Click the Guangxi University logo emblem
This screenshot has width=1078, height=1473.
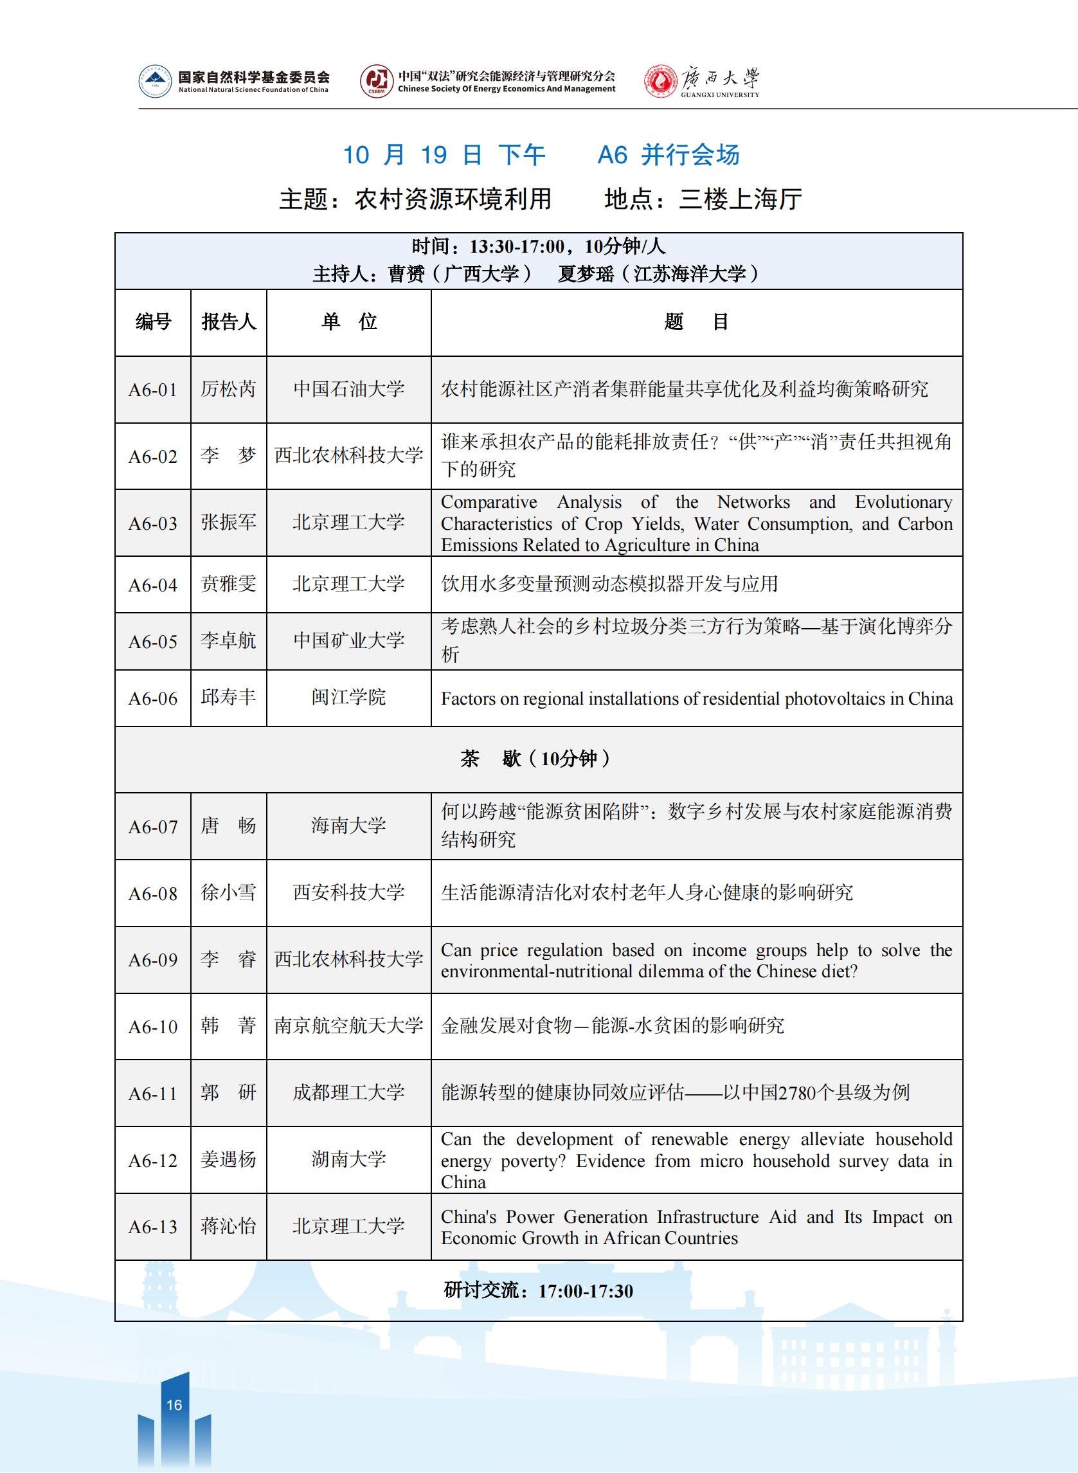click(660, 82)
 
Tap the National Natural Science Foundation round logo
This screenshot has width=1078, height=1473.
click(155, 82)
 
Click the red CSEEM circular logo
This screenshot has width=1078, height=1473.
click(376, 82)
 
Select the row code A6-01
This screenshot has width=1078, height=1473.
click(153, 390)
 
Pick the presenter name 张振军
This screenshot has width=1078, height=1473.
click(228, 522)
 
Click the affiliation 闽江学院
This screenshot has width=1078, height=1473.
click(348, 697)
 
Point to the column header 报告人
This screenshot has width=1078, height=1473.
click(228, 321)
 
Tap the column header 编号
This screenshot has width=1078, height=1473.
click(153, 321)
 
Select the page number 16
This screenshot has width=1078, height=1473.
click(174, 1404)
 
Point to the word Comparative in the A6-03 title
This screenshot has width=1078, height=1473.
click(489, 502)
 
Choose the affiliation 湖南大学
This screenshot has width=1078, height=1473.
click(348, 1159)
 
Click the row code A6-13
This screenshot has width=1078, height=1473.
click(153, 1227)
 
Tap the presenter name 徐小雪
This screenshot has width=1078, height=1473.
click(228, 892)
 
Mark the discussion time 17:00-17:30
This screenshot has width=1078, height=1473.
click(586, 1291)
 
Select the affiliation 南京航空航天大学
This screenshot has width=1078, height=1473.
click(348, 1026)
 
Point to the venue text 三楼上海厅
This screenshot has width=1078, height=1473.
click(740, 199)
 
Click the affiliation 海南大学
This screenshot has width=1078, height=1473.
click(348, 826)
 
